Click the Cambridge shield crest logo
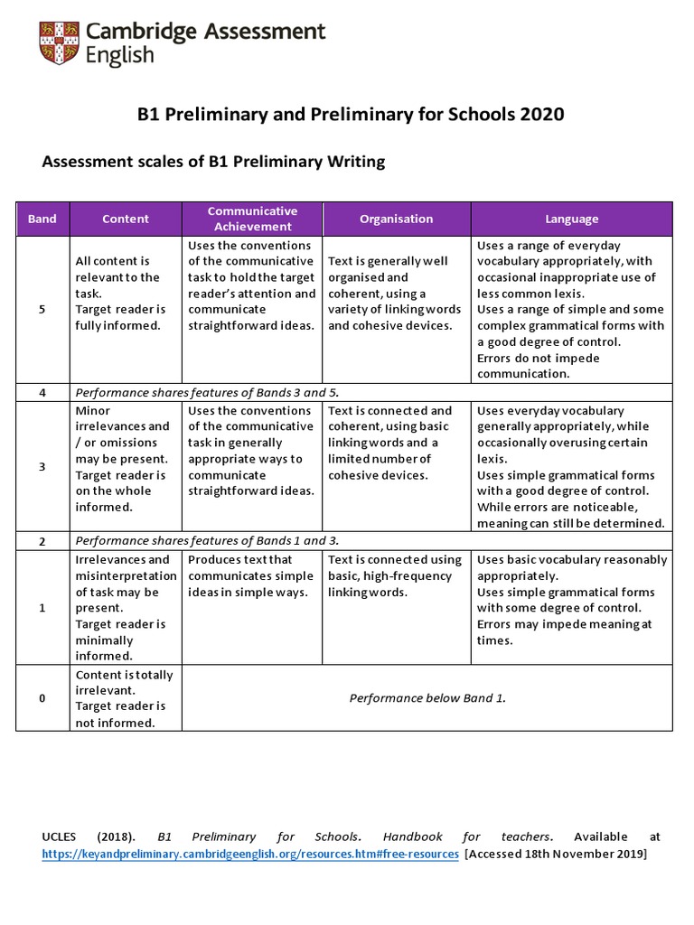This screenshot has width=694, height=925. (x=59, y=42)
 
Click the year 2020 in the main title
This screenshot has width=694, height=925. (x=540, y=114)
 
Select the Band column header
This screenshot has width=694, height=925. (x=42, y=219)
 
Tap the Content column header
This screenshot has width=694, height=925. (x=126, y=219)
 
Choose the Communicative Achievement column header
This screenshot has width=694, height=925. (x=252, y=219)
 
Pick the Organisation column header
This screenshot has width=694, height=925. (x=396, y=219)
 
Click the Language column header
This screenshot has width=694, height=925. (x=571, y=219)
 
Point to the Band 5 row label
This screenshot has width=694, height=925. (x=42, y=310)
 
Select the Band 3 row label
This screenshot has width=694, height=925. (x=42, y=467)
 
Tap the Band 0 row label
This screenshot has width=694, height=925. (x=42, y=698)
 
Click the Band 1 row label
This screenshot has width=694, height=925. (x=42, y=608)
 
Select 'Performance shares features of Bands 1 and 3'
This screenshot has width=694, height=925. (x=207, y=541)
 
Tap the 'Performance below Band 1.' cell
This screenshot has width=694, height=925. (x=427, y=698)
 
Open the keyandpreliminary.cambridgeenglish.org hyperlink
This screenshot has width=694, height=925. (x=250, y=854)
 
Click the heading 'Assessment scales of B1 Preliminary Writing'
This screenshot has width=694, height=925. (x=214, y=162)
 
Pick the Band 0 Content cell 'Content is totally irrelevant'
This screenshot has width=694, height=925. (x=125, y=698)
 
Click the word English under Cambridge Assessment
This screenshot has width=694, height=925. (x=119, y=56)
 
